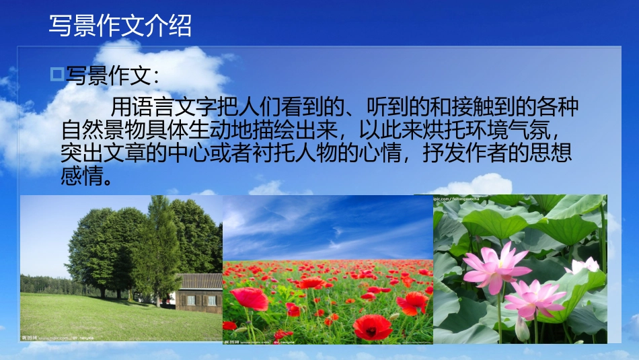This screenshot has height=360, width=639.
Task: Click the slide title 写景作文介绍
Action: pos(120,26)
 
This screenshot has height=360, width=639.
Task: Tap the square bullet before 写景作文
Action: pos(57,73)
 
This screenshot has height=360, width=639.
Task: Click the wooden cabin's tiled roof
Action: pos(201,281)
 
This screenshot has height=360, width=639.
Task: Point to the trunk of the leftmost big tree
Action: pos(102,291)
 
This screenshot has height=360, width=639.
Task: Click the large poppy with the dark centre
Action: pos(372,326)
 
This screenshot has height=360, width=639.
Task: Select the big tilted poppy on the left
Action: pos(249,298)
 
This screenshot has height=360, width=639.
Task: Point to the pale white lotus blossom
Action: pos(583,265)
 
